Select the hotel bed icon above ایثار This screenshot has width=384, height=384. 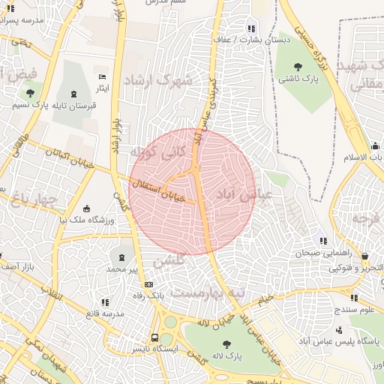[103, 77]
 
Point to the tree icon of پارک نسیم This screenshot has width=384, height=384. [29, 94]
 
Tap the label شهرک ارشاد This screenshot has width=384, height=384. [157, 79]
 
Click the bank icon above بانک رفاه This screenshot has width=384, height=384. [148, 285]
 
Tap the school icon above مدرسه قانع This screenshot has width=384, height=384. [104, 302]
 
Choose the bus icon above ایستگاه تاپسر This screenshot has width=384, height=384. [154, 337]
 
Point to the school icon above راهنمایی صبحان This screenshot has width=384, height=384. [323, 241]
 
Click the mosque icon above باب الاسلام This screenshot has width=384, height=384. [373, 145]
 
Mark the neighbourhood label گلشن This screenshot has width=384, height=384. [168, 262]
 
